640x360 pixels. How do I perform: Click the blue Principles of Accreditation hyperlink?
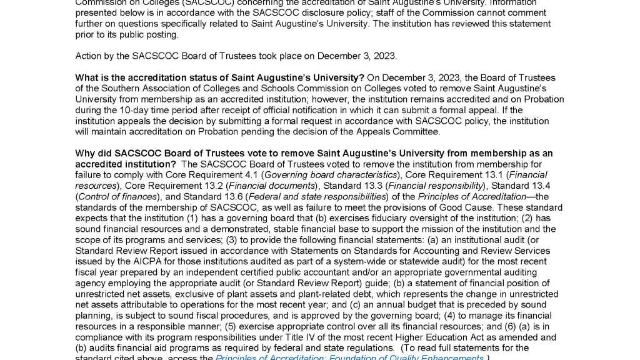point(349,358)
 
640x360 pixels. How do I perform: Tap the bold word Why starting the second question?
point(86,154)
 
